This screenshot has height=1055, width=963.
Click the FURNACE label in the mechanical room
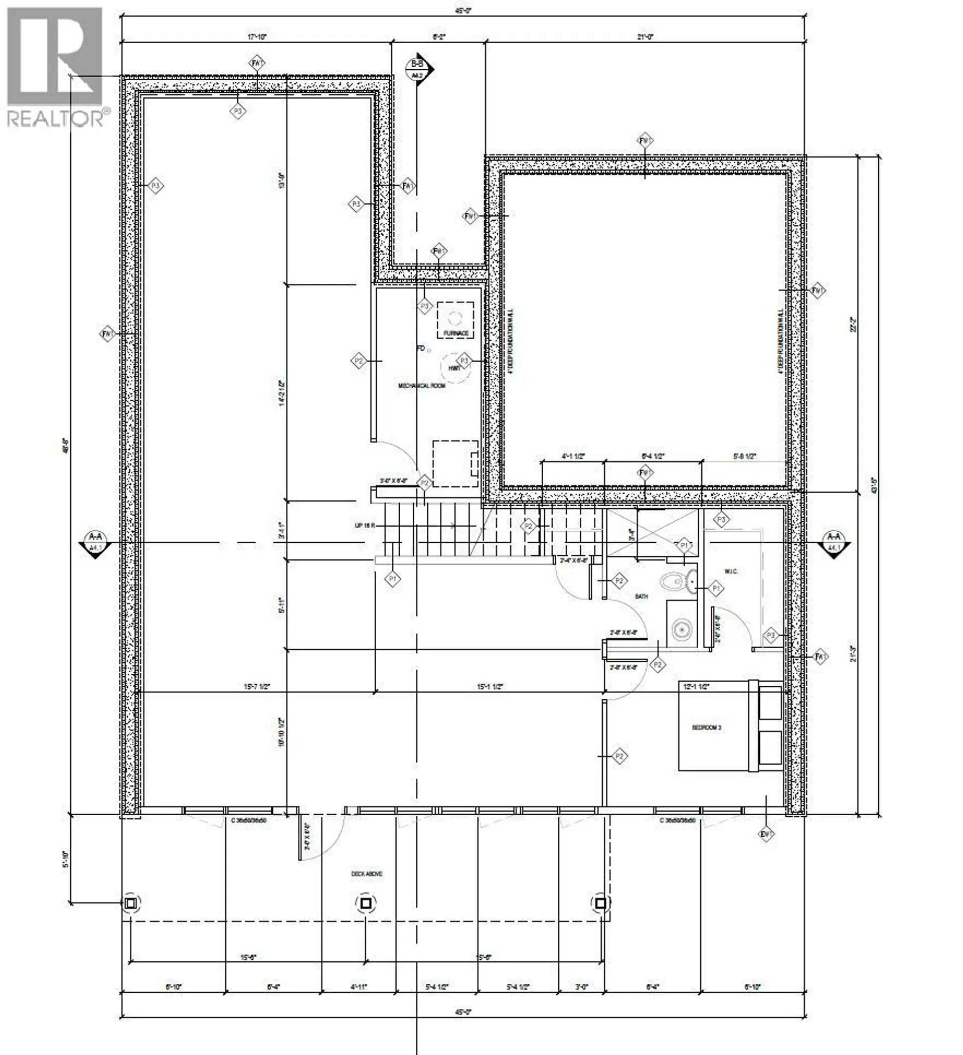[x=455, y=333]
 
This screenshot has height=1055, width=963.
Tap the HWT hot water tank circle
[x=454, y=368]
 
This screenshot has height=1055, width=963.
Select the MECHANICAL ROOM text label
[x=422, y=386]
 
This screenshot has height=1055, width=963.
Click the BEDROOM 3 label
[x=707, y=727]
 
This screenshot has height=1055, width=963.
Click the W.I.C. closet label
[x=731, y=571]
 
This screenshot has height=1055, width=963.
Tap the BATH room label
[x=641, y=596]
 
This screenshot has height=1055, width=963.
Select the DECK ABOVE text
[x=366, y=873]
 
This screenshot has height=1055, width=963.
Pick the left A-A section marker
[x=95, y=543]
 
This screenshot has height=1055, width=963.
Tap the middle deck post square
[x=366, y=902]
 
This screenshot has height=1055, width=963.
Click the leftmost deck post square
[x=131, y=902]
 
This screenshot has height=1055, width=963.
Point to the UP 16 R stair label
[x=365, y=525]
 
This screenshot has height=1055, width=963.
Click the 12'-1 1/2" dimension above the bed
[x=697, y=686]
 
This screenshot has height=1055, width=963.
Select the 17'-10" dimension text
[x=257, y=37]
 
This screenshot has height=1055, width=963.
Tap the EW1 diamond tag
[x=766, y=835]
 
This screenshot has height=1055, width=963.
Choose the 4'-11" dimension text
[x=359, y=986]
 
